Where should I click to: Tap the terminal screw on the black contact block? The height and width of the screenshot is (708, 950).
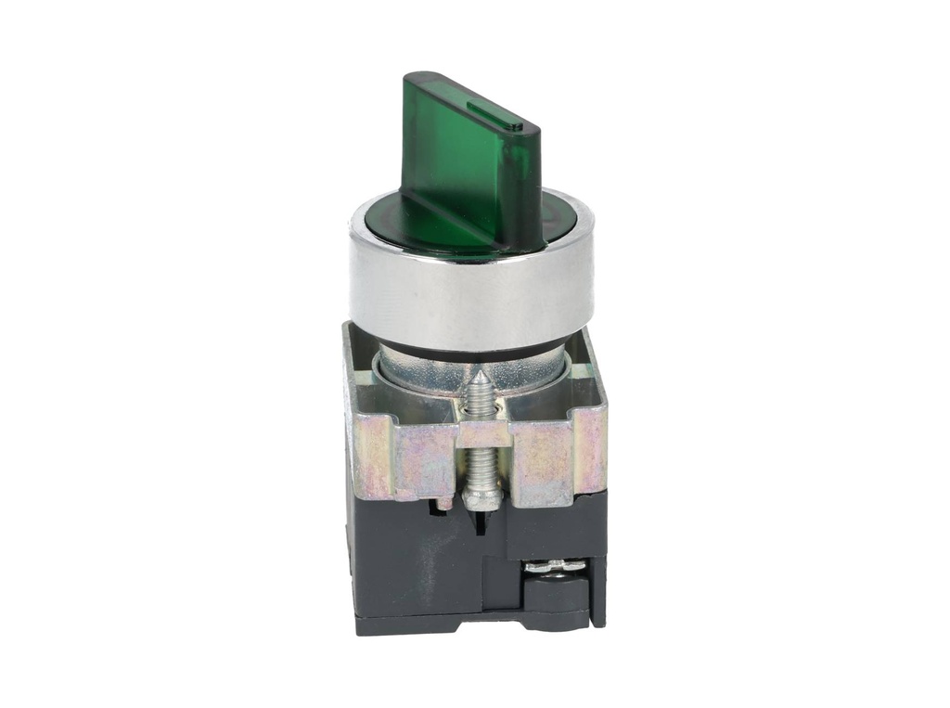coord(554,565)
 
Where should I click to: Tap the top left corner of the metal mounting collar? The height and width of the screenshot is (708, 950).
coord(350,328)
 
